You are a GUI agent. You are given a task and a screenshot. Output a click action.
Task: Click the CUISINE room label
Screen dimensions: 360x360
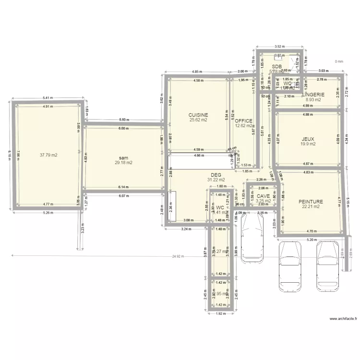point(198,115)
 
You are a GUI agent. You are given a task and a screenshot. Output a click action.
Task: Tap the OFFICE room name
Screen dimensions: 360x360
point(243,121)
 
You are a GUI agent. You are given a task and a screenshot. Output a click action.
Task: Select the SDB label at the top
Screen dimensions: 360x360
point(276,67)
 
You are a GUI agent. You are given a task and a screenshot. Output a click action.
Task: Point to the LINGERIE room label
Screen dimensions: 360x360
point(313,95)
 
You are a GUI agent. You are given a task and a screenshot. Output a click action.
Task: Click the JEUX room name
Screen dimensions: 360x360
point(308,138)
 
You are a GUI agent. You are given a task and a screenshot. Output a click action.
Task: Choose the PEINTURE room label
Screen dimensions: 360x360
point(310,202)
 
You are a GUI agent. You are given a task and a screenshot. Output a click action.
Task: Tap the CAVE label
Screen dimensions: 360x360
point(263,196)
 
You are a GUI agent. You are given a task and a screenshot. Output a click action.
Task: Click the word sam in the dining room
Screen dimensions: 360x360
point(123,157)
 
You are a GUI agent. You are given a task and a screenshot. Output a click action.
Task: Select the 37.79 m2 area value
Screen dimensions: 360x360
point(48,155)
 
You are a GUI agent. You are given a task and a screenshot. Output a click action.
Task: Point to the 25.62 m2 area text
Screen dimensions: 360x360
point(198,120)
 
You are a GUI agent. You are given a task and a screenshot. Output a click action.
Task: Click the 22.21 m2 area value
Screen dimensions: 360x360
point(310,207)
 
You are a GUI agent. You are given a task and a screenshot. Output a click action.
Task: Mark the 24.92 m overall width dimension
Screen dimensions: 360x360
point(178,256)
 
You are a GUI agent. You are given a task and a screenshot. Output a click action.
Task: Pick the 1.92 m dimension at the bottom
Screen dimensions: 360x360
point(221,313)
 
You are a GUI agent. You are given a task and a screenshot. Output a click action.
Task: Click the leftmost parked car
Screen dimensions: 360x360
point(252,239)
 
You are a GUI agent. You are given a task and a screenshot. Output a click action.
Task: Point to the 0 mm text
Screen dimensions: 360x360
point(339,61)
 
